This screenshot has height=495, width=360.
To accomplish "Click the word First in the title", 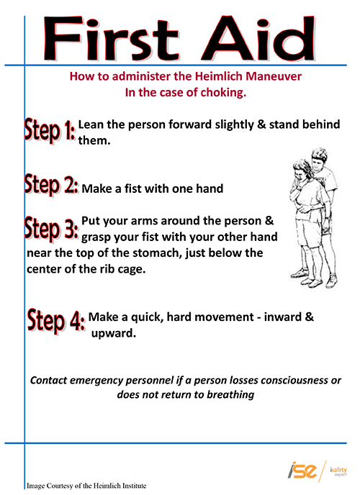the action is tap(112, 39).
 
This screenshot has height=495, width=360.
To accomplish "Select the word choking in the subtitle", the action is tap(223, 93).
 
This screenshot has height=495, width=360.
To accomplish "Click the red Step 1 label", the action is tap(50, 130).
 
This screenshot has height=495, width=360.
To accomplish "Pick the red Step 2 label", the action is tap(51, 184).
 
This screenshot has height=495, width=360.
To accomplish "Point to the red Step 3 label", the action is tap(51, 227).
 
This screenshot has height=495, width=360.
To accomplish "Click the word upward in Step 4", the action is tap(114, 333).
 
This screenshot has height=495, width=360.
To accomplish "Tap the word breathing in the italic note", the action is tap(230, 394).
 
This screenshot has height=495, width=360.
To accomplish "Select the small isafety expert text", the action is tap(338, 471).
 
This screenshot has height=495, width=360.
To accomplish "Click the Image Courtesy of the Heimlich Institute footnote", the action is tap(86, 486).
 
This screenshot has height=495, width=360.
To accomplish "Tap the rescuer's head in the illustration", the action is tap(318, 158).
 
